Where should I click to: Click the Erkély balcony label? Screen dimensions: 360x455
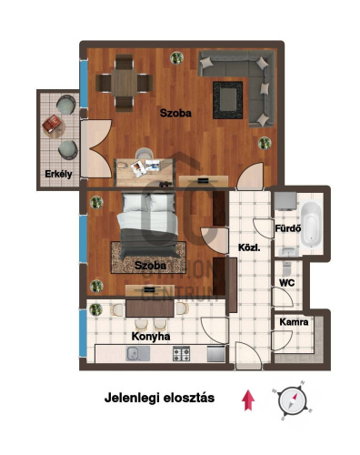pyautogui.click(x=58, y=174)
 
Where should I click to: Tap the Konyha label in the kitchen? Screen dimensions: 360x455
pyautogui.click(x=151, y=337)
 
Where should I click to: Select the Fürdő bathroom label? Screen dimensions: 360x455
pyautogui.click(x=288, y=228)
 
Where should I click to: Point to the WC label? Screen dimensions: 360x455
pyautogui.click(x=286, y=283)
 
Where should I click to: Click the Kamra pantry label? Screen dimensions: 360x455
pyautogui.click(x=294, y=322)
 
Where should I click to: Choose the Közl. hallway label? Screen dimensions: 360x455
pyautogui.click(x=249, y=248)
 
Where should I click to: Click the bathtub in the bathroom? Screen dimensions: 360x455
pyautogui.click(x=311, y=224)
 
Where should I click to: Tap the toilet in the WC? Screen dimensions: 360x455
pyautogui.click(x=286, y=268)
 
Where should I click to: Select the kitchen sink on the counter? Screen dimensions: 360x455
pyautogui.click(x=138, y=354)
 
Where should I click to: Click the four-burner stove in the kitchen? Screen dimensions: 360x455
pyautogui.click(x=181, y=354)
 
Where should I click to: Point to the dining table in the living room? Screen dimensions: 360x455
pyautogui.click(x=124, y=83)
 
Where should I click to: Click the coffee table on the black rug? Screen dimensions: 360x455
pyautogui.click(x=228, y=100)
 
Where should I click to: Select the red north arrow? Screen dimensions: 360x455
pyautogui.click(x=248, y=400)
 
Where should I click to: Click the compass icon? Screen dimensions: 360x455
pyautogui.click(x=292, y=400)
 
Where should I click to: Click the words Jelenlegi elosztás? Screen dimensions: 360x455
pyautogui.click(x=159, y=398)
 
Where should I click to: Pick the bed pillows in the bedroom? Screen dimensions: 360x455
pyautogui.click(x=149, y=203)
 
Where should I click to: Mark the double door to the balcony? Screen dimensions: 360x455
pyautogui.click(x=96, y=148)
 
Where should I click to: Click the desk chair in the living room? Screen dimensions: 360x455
pyautogui.click(x=144, y=153)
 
